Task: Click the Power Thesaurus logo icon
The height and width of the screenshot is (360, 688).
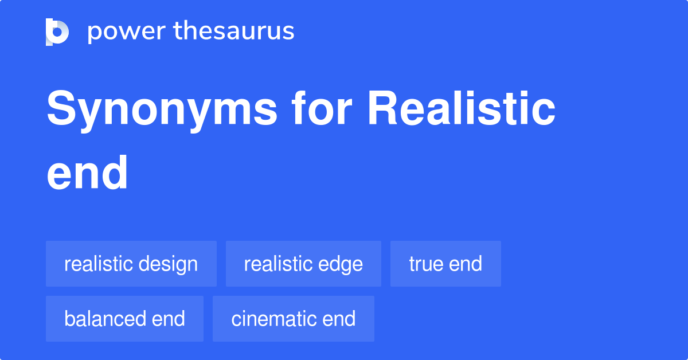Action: pos(57,32)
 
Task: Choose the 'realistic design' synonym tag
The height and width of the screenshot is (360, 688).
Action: pos(131,264)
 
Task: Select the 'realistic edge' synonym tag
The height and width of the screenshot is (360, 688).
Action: pos(303,264)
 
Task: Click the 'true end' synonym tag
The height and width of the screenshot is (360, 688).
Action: pos(445,264)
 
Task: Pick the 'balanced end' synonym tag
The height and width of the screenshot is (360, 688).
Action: pos(124,319)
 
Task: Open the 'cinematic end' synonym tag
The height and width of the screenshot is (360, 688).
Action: pos(294,319)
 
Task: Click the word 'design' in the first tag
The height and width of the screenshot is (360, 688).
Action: pos(171,264)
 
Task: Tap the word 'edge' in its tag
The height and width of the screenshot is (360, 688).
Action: pos(342,264)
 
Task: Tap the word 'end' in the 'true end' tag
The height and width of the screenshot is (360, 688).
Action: pos(466,264)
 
